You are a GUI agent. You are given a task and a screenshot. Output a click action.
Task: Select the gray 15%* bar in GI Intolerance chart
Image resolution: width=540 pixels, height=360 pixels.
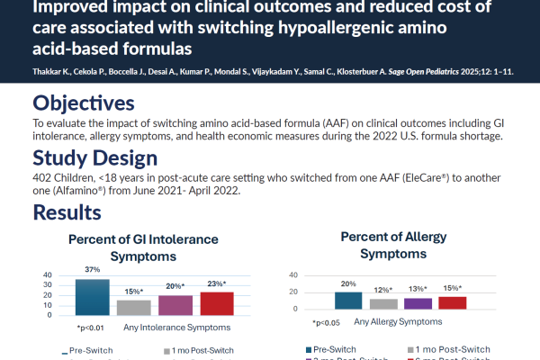[x=133, y=307]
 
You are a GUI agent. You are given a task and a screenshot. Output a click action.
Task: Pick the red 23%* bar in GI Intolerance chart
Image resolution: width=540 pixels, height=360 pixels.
[x=216, y=303]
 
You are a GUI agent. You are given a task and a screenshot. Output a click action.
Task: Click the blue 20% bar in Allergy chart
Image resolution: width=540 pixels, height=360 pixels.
[x=346, y=301]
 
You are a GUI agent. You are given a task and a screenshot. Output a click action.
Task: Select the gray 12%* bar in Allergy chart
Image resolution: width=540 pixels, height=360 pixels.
[x=383, y=304]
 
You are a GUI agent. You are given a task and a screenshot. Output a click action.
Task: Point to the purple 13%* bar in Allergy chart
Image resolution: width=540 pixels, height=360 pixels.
[x=418, y=304]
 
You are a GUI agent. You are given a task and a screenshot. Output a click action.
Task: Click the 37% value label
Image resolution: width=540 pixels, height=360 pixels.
[x=92, y=271]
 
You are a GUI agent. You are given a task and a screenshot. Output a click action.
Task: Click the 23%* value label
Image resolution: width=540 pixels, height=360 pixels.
[x=217, y=283]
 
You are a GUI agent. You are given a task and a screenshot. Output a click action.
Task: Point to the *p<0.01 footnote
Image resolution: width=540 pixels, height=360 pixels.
[x=91, y=328]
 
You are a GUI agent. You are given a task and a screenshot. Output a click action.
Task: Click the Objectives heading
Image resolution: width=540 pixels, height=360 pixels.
[x=84, y=103]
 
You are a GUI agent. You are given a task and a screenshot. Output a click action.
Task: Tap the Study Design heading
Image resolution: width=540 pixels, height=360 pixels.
[x=94, y=158]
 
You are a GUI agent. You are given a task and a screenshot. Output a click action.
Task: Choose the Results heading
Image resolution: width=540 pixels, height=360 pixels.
[x=67, y=213]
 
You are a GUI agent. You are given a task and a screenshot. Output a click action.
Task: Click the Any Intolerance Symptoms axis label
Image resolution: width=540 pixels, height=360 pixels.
[x=168, y=327]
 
